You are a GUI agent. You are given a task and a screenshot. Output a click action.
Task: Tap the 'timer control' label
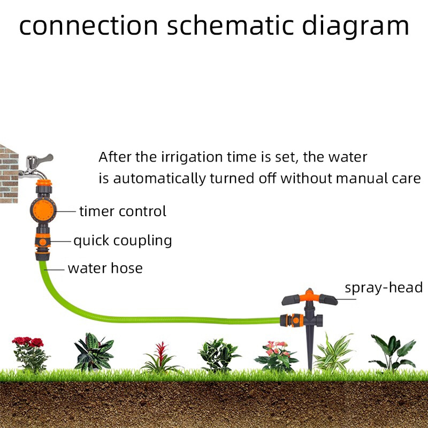[x=123, y=211]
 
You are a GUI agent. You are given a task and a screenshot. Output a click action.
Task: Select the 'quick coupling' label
[x=123, y=241]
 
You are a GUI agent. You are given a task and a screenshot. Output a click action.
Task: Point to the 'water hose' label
[x=105, y=267]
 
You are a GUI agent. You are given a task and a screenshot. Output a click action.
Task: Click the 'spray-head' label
[x=384, y=288]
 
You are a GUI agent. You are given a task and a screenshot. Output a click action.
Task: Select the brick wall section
[x=8, y=171]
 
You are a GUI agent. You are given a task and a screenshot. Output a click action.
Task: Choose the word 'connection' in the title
[x=89, y=25]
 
